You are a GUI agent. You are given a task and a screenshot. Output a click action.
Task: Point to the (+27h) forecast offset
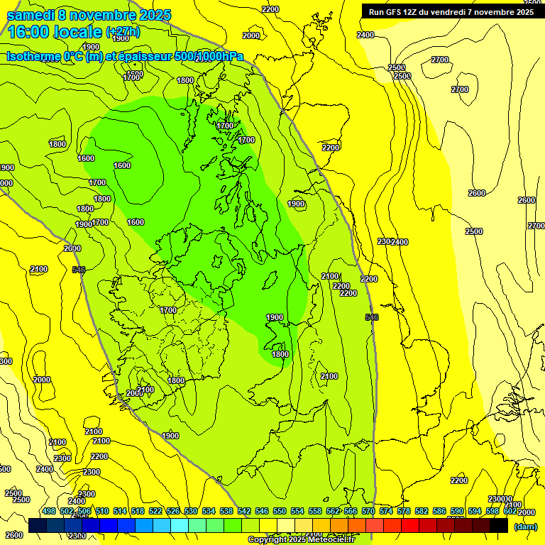123,33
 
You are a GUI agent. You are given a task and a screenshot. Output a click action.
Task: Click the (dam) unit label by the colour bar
525,527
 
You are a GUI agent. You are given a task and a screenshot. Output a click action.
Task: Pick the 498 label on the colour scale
49,511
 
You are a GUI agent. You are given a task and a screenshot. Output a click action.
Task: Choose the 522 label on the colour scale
155,511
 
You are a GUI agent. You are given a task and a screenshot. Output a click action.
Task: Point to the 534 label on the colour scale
209,511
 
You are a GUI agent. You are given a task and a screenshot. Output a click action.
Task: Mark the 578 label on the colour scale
404,511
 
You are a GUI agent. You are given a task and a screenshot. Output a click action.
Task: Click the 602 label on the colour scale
511,511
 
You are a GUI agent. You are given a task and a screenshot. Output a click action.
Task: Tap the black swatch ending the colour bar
499,525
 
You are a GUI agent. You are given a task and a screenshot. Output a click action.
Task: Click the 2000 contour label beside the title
251,35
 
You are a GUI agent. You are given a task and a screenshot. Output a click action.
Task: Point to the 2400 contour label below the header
365,35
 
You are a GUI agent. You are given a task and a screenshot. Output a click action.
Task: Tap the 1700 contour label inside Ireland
168,310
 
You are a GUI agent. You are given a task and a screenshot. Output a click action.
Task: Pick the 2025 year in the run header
524,12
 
